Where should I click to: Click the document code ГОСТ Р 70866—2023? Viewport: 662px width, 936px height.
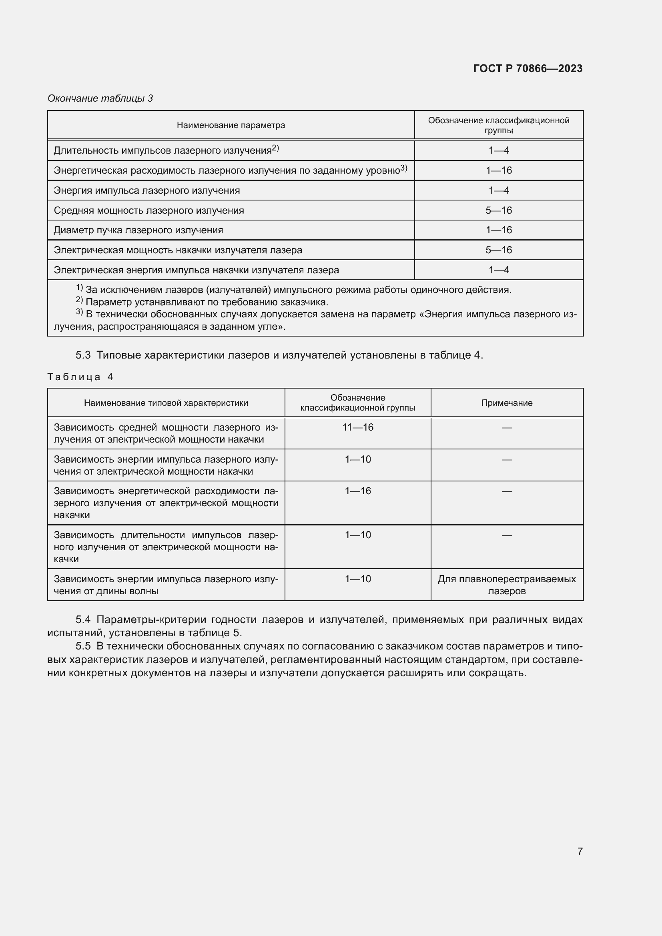tap(528, 68)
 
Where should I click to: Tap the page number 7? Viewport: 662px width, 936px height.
tap(580, 851)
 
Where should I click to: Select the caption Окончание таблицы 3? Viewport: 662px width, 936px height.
tap(100, 98)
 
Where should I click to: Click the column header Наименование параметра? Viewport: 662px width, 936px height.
tap(231, 125)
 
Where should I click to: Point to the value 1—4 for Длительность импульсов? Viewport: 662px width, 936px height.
tap(499, 150)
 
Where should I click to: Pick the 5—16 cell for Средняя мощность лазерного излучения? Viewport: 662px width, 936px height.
tap(499, 210)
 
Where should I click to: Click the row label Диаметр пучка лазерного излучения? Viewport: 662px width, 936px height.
tap(138, 230)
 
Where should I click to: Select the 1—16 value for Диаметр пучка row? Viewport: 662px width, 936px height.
tap(499, 230)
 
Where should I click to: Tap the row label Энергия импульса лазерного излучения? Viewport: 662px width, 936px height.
tap(147, 190)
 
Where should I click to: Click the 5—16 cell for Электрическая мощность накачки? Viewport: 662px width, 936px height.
tap(499, 250)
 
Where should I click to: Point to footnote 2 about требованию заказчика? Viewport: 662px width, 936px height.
tap(204, 302)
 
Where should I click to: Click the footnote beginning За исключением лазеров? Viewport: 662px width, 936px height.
tap(293, 290)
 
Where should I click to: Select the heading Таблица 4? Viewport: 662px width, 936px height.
tap(80, 377)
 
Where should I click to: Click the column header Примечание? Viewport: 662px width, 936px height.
tap(507, 403)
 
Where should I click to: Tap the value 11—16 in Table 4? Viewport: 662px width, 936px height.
tap(357, 427)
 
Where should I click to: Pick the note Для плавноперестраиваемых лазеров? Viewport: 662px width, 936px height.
tap(507, 585)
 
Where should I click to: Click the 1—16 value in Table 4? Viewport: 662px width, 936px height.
tap(357, 491)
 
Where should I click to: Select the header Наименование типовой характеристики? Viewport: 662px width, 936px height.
tap(166, 403)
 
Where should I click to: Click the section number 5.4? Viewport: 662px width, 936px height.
tap(83, 619)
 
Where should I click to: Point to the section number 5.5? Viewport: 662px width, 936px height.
tap(83, 646)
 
